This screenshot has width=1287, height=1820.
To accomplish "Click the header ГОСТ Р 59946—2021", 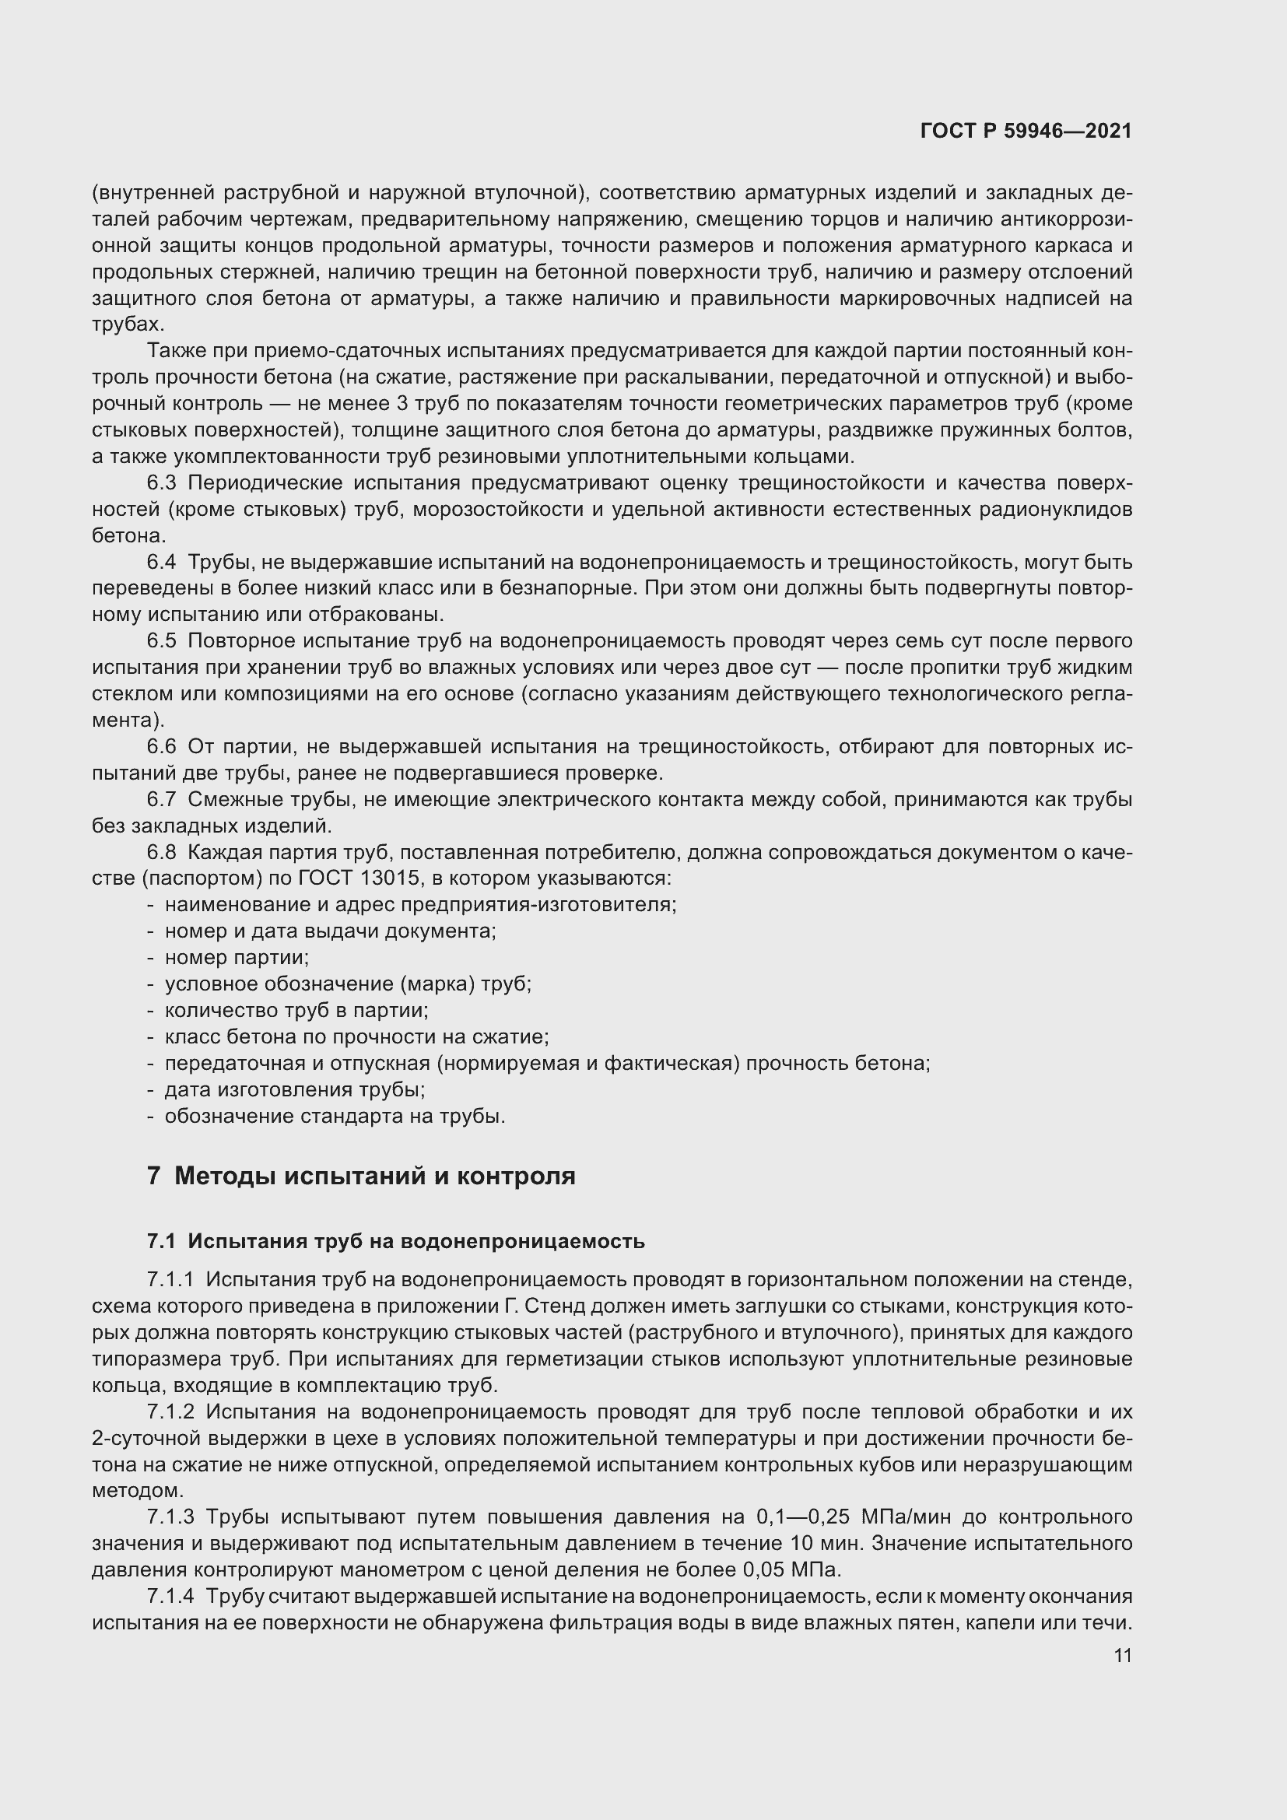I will (1026, 132).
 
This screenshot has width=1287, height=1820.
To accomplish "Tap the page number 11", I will (1122, 1656).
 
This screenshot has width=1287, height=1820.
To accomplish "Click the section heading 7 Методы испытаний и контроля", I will (361, 1177).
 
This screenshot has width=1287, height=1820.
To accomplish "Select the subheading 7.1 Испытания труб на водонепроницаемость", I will (395, 1241).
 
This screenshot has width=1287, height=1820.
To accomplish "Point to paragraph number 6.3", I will (161, 482).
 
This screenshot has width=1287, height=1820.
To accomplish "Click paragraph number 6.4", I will (161, 562).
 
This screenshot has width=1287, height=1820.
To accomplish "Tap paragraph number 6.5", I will (161, 640).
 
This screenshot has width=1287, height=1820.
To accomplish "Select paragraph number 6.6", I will (161, 746).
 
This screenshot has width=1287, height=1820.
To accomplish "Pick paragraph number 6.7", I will (161, 799).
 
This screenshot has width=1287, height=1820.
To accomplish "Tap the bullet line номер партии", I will (237, 958).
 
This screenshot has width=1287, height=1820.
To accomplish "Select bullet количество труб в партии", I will (296, 1010).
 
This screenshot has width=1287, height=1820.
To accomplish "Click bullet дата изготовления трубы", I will (295, 1089).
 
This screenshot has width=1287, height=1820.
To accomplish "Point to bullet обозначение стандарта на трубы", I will (335, 1116).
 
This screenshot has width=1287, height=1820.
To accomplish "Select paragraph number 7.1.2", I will (170, 1411).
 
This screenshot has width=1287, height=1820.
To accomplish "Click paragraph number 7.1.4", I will (170, 1596).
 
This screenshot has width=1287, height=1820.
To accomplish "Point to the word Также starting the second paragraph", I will (174, 351).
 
